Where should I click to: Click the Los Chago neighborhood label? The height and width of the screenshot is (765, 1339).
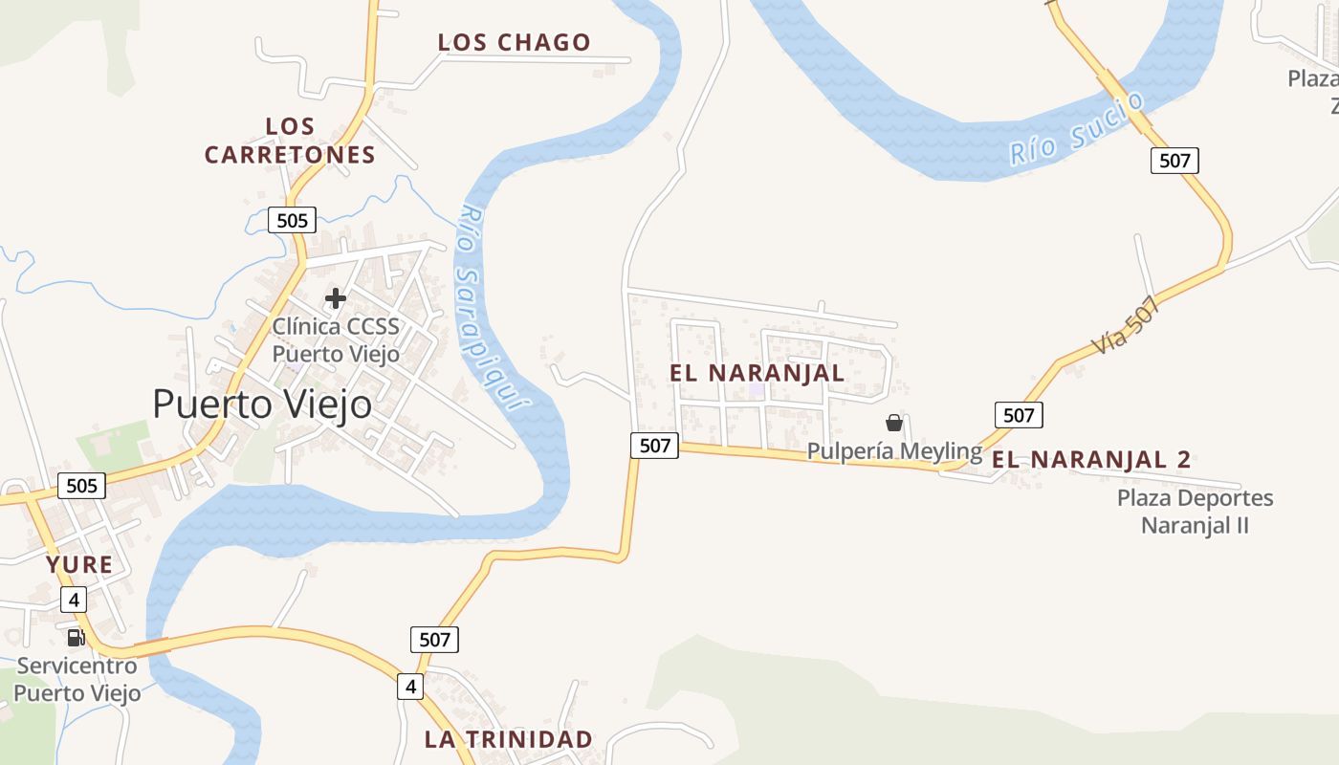514,43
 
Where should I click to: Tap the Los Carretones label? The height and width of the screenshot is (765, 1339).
290,141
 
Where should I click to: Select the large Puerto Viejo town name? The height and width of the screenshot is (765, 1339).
262,404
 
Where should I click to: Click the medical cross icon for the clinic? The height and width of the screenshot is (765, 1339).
335,298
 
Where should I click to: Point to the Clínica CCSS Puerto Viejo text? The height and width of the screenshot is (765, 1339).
336,339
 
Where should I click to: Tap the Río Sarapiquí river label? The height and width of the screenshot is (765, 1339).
492,306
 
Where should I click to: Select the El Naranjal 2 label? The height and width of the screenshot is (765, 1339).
1090,460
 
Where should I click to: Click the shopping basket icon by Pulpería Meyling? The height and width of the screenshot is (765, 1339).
894,423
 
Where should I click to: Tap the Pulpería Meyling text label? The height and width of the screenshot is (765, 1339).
894,450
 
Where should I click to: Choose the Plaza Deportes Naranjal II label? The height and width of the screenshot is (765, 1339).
1195,512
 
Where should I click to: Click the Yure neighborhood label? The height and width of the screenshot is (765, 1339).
79,565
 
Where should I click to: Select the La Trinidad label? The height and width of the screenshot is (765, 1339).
508,739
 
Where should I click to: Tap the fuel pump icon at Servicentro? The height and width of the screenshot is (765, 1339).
76,637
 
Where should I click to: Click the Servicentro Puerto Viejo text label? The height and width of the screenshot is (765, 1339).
77,679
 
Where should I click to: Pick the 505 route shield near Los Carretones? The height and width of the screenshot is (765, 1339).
292,221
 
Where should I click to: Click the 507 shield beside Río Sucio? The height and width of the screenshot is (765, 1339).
1174,161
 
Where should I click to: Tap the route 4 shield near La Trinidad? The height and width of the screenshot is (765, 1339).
410,687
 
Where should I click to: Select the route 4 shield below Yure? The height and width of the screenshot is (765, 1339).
74,601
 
